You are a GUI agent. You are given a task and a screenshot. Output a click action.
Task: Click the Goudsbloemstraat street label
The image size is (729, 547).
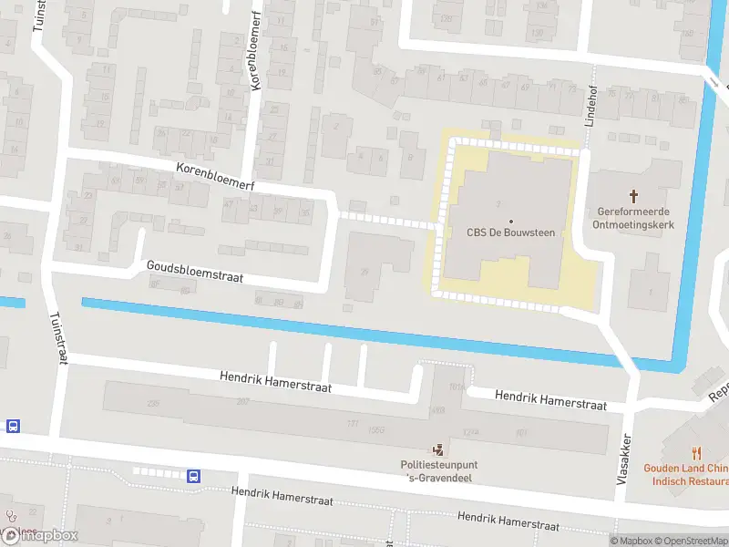(x=194, y=271)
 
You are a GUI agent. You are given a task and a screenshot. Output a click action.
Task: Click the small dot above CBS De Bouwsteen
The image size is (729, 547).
(x=510, y=222)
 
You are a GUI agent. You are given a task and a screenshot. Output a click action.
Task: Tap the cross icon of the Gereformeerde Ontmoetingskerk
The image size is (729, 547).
(x=635, y=196)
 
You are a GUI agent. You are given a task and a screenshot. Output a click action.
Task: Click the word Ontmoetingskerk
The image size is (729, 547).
(x=635, y=224)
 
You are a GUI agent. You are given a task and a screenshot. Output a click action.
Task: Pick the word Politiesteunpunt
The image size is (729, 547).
(x=440, y=465)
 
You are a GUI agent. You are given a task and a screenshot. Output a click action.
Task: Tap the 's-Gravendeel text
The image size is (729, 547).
(x=440, y=479)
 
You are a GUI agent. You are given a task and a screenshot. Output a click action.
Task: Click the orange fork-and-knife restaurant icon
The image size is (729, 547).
(x=697, y=451)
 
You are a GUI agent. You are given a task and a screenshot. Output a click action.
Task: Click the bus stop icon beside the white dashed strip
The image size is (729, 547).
(x=193, y=475)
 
